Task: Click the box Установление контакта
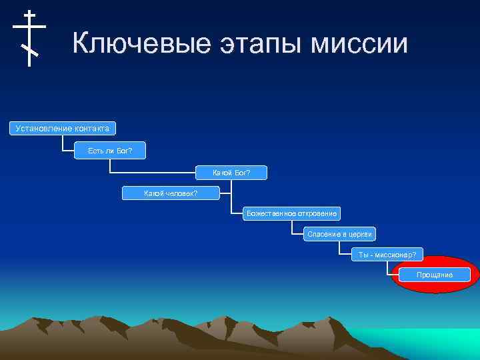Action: tap(62, 127)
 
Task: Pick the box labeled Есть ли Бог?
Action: tap(110, 151)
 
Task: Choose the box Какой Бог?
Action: tap(231, 173)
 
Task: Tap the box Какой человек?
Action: tap(171, 193)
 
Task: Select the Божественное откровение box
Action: tap(291, 213)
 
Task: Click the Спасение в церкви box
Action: tap(340, 234)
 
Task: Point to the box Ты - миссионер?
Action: tap(387, 255)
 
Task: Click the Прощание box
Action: tap(434, 275)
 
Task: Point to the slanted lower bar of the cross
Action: tap(29, 50)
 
